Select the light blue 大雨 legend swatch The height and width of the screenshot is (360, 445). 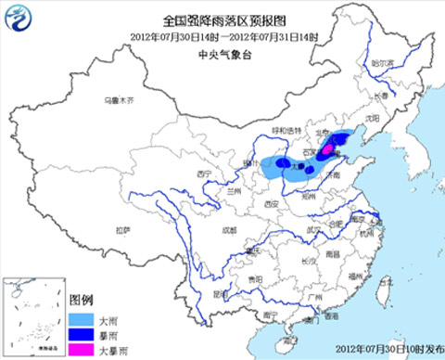[81, 315]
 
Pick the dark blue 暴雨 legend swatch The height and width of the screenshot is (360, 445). [81, 332]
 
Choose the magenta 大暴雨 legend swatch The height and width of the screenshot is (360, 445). [81, 349]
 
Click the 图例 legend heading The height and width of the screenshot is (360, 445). [82, 300]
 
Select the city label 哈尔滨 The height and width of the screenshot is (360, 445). [382, 62]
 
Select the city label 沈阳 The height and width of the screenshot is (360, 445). [373, 119]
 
